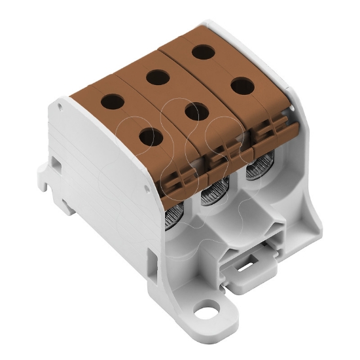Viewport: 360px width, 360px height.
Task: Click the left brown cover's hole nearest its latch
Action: point(151,137)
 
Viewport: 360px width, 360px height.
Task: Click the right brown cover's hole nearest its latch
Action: point(242,86)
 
